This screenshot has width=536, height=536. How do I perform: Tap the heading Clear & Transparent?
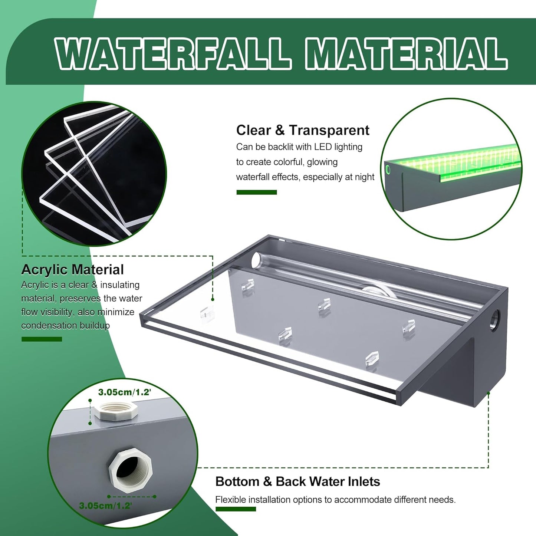302,130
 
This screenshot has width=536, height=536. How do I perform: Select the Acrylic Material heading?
72,270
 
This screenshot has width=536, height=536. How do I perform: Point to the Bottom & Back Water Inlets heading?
297,481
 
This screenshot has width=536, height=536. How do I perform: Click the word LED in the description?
323,147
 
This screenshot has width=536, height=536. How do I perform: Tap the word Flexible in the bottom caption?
230,500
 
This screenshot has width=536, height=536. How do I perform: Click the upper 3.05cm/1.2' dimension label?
124,392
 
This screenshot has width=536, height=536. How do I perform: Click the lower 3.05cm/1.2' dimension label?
105,506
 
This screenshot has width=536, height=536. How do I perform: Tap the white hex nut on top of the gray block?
116,411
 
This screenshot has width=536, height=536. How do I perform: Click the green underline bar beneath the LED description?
256,192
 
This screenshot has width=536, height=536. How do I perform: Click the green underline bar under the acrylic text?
42,339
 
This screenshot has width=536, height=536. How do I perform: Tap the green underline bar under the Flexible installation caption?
236,509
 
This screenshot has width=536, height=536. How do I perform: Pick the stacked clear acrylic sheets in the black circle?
93,174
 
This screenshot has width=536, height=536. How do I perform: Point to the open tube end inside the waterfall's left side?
256,260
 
